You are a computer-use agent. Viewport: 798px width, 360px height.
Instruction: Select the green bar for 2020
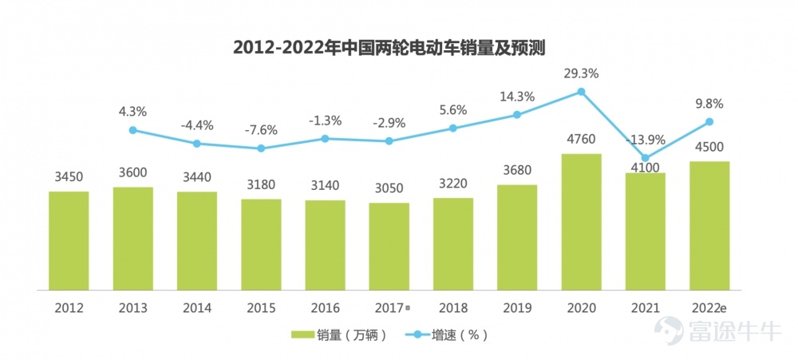point(581,223)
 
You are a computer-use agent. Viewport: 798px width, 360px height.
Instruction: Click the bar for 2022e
point(709,227)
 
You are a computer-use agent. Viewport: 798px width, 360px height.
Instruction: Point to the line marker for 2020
point(581,92)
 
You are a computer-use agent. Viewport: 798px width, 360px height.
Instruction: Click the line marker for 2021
point(646,158)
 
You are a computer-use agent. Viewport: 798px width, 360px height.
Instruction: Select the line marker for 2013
point(133,130)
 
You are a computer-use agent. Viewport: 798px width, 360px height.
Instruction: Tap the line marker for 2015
point(261,148)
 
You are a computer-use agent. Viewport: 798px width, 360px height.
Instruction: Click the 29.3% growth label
point(581,73)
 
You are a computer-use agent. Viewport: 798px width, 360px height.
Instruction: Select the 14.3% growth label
point(517,97)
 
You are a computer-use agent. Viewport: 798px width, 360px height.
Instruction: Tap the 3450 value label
point(69,177)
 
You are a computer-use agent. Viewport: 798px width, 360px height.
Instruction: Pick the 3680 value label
point(517,170)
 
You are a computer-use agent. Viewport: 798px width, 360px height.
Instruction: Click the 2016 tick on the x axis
point(325,307)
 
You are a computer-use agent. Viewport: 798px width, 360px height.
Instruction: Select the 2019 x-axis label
point(517,307)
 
